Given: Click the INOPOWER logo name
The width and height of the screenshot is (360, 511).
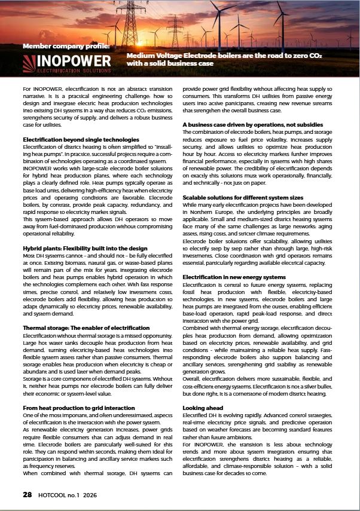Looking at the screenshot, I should [x=74, y=61].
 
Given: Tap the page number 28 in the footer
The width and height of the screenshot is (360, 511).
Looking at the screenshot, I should [x=28, y=494].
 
